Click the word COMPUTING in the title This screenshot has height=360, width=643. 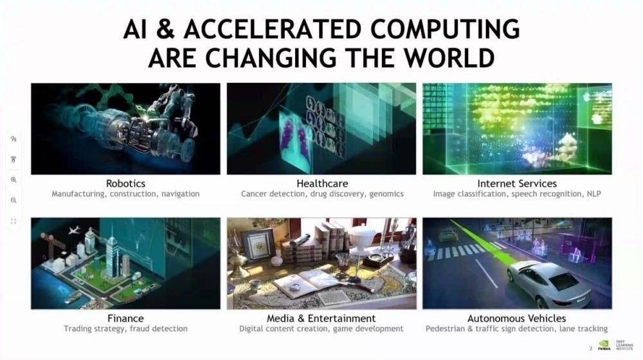click(x=445, y=29)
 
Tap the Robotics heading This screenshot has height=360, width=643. click(x=125, y=183)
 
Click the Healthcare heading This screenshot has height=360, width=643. click(x=322, y=183)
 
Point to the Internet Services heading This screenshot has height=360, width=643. click(x=517, y=183)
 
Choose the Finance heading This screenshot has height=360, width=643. click(x=125, y=318)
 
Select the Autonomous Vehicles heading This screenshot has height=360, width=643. click(x=517, y=318)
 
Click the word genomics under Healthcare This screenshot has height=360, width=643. click(x=386, y=194)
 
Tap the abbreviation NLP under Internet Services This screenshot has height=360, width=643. click(x=593, y=194)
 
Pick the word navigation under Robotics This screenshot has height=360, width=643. click(x=181, y=194)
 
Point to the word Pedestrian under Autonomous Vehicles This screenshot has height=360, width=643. click(x=444, y=329)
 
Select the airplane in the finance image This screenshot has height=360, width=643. click(x=74, y=230)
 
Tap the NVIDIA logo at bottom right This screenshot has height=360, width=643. click(x=604, y=345)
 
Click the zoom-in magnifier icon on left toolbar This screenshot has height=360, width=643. click(x=14, y=179)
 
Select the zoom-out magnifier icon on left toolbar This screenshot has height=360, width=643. click(x=14, y=200)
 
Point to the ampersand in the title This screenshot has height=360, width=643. click(x=165, y=30)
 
